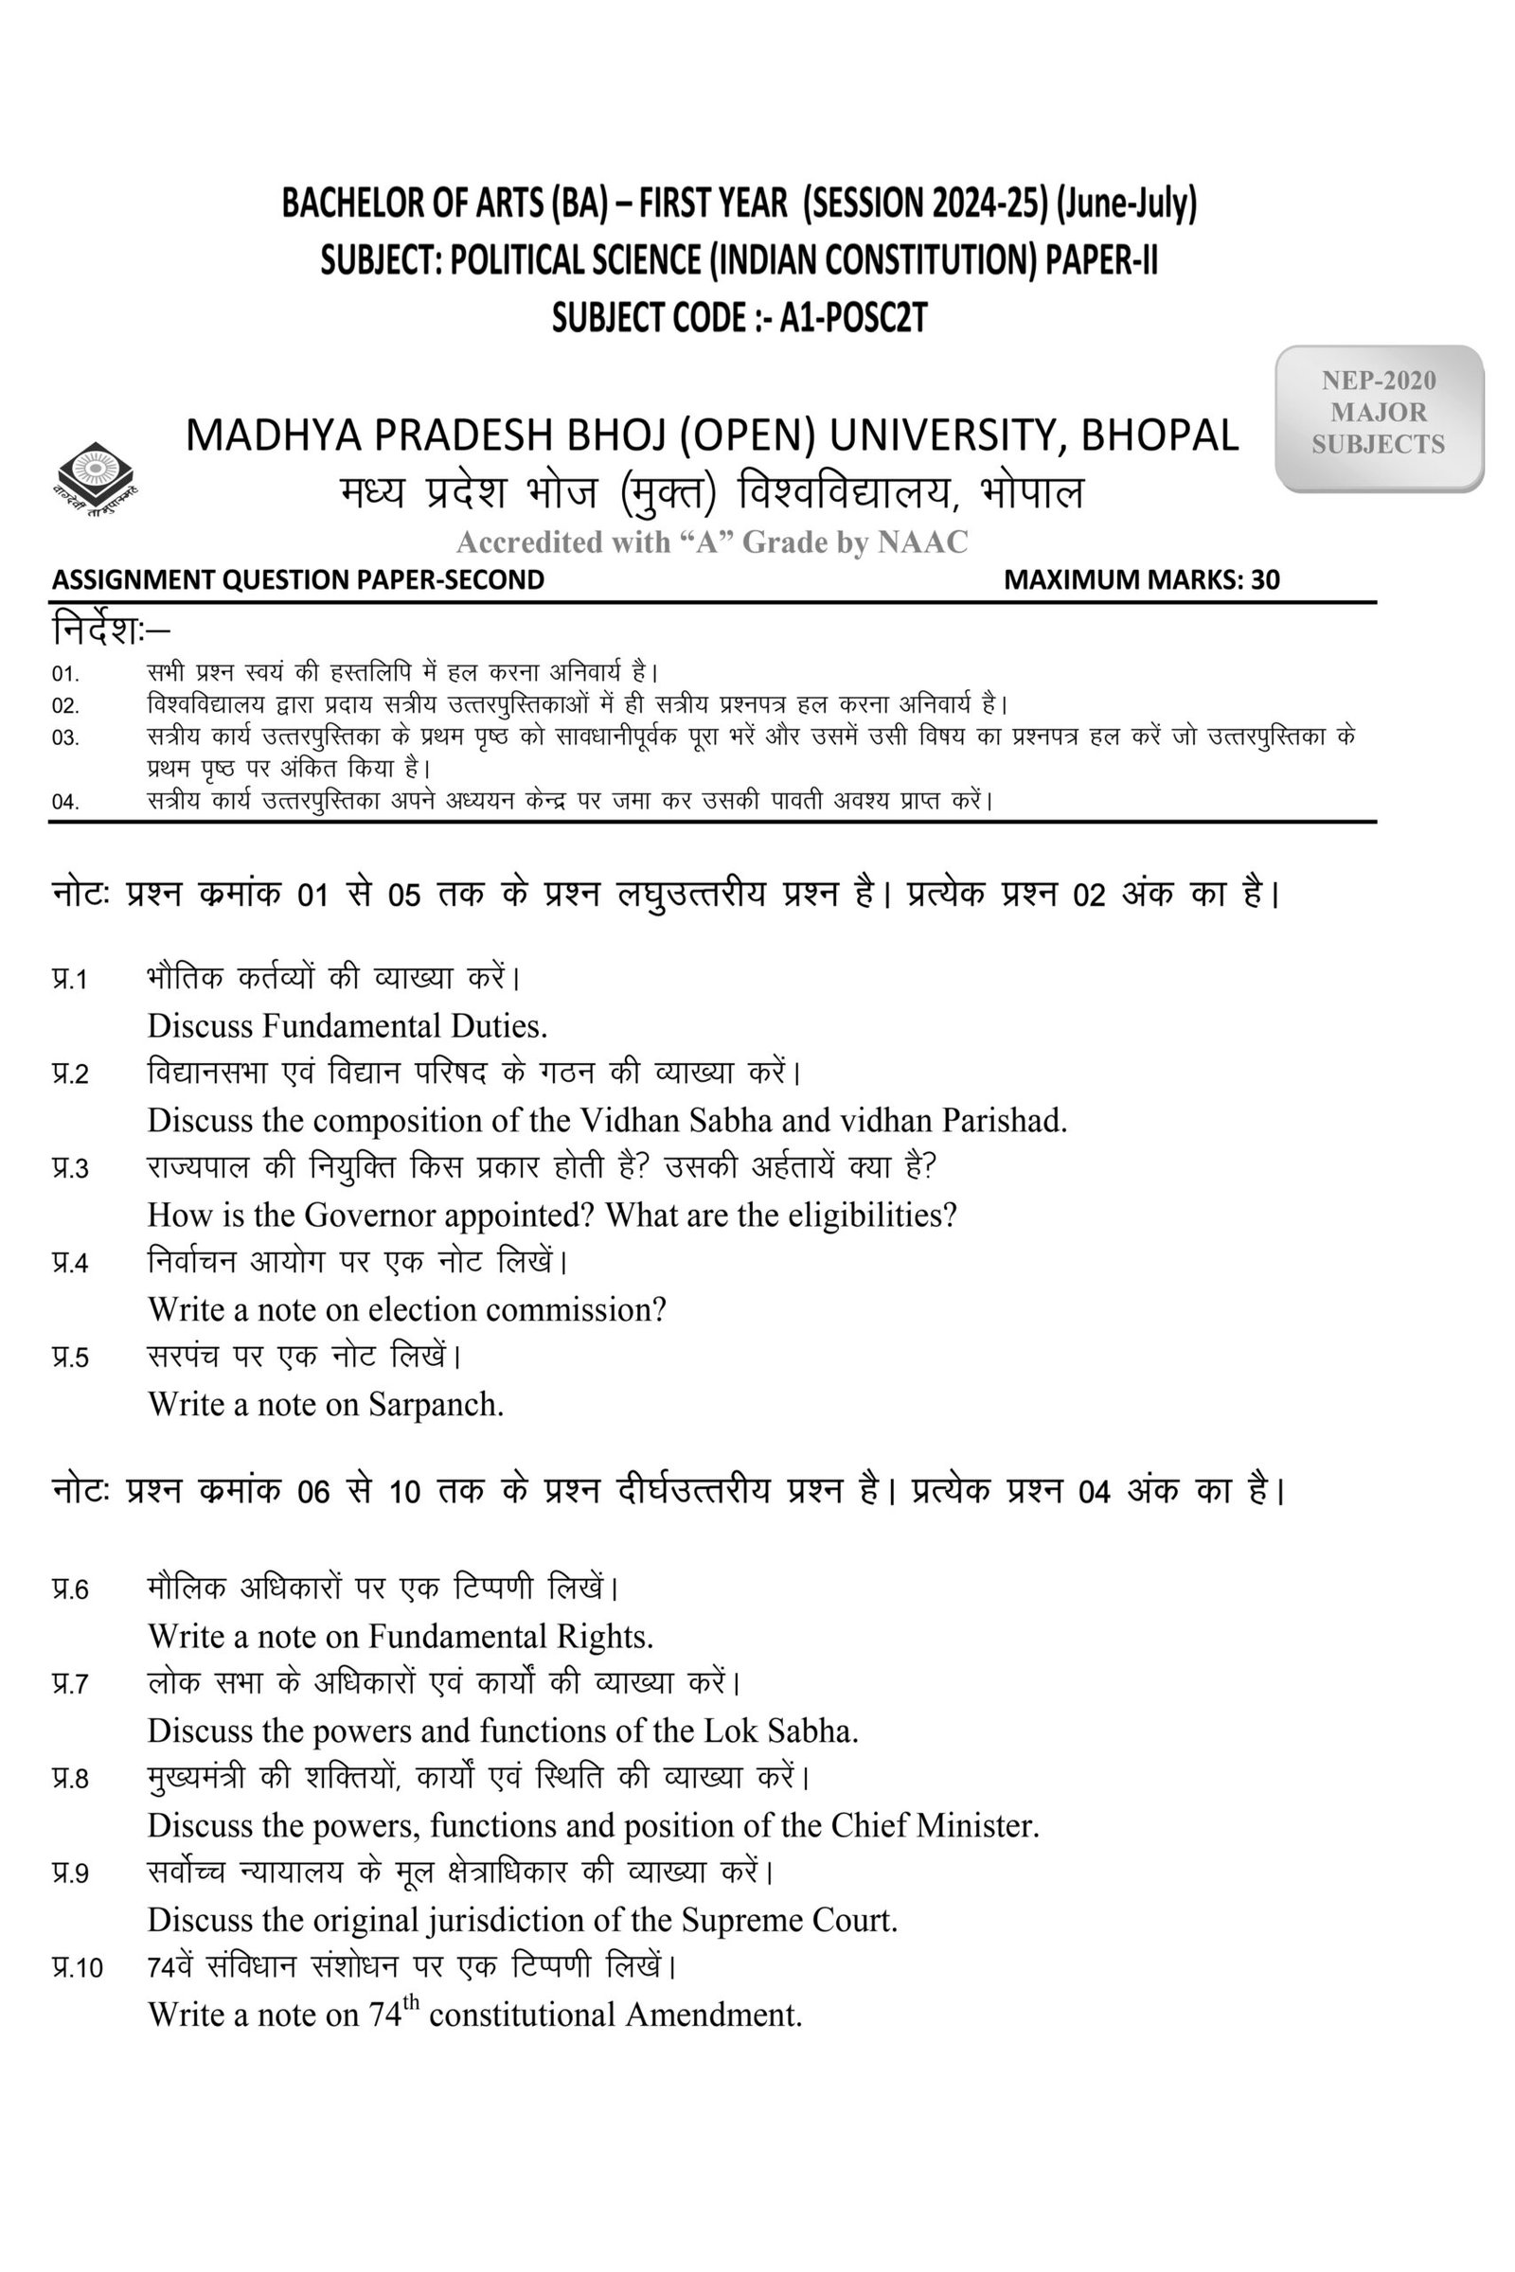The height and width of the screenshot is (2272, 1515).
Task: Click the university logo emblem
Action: click(96, 478)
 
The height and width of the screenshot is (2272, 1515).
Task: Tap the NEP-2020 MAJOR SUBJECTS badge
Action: click(1378, 414)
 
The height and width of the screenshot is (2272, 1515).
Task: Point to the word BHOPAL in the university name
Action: click(1158, 435)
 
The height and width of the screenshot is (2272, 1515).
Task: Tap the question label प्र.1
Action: click(69, 980)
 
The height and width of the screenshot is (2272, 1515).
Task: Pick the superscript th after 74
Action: click(412, 2000)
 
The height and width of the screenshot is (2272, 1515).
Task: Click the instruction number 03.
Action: click(64, 738)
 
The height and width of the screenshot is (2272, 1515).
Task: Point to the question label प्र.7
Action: click(69, 1685)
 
